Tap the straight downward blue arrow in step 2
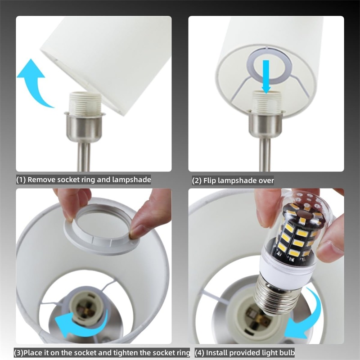(266, 76)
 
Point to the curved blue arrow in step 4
(306, 315)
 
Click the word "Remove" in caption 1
(41, 180)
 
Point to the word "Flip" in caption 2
(210, 181)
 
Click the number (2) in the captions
(197, 181)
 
